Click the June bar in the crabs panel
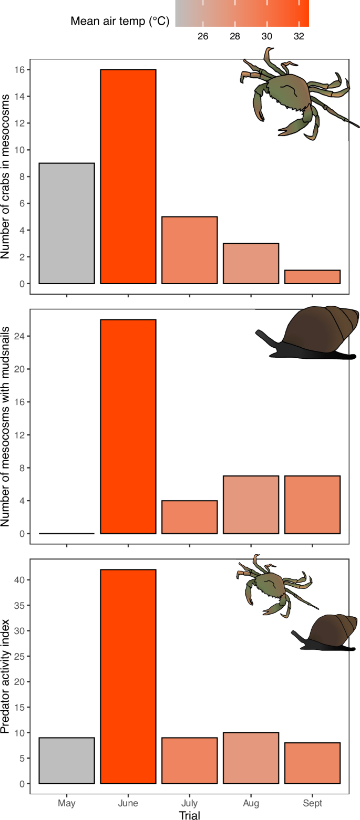[x=128, y=177]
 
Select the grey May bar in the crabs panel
[x=67, y=223]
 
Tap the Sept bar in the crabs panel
[x=312, y=277]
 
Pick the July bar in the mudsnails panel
[x=189, y=517]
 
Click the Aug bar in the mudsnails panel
[x=251, y=505]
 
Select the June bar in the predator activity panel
[x=128, y=677]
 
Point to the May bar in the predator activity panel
[x=67, y=761]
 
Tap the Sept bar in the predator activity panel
[x=312, y=763]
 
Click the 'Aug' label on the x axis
[x=251, y=803]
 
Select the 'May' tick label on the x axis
[x=67, y=803]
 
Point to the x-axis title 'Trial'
[x=189, y=815]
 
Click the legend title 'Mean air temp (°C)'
[x=119, y=22]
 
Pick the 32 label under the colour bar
[x=299, y=36]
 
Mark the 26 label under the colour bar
[x=203, y=36]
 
